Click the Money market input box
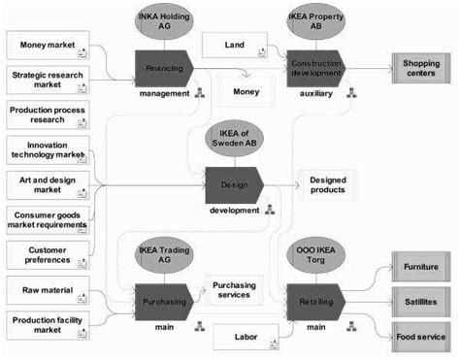coord(48,45)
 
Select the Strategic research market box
coord(48,79)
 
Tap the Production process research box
coord(48,116)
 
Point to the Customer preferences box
coord(48,254)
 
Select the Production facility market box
coord(48,325)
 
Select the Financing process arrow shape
coord(163,69)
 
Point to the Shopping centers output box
coord(421,69)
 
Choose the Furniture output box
coord(421,264)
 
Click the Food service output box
coord(421,338)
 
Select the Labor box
coord(246,337)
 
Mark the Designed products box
coord(327,184)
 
